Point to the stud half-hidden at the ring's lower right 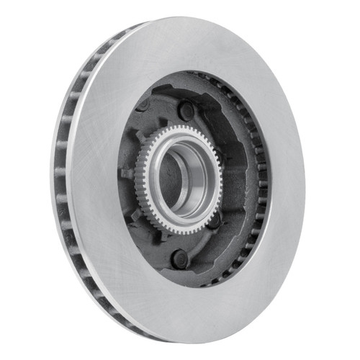pos(215,220)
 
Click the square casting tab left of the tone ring pos(127,173)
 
